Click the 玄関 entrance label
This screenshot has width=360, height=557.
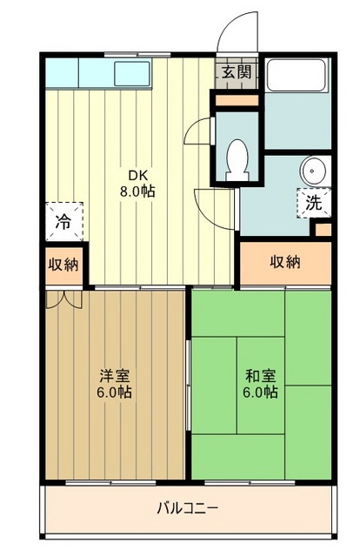click(236, 72)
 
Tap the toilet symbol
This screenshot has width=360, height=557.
click(236, 160)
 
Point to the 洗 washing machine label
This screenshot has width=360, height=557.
click(311, 204)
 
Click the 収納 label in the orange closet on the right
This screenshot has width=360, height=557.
click(285, 262)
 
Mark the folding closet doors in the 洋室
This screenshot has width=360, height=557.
click(63, 299)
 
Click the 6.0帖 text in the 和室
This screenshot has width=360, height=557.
click(261, 393)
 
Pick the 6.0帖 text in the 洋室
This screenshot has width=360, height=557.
click(114, 393)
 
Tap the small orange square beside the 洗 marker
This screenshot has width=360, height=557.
click(323, 231)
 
